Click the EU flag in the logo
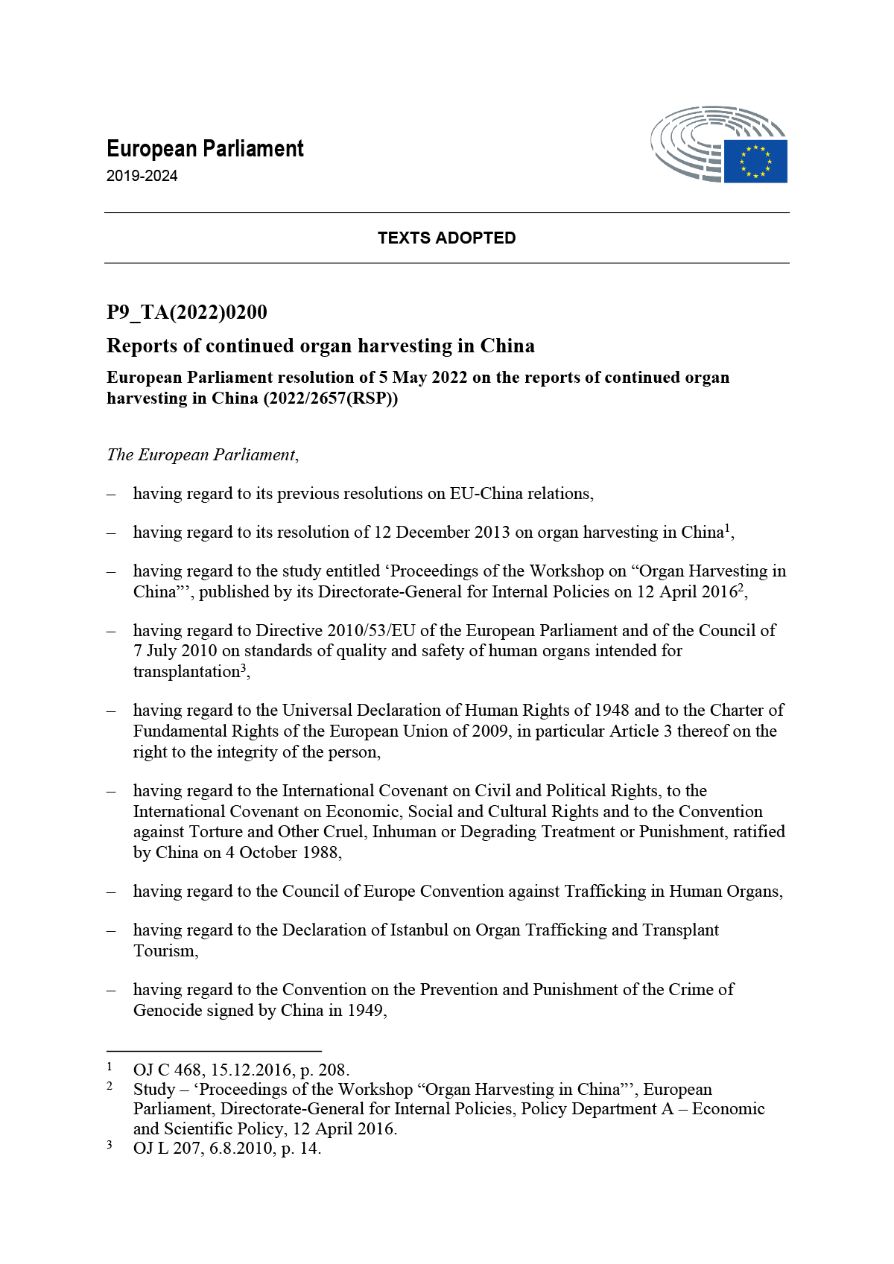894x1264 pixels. coord(755,161)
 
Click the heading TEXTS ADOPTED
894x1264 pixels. coord(446,238)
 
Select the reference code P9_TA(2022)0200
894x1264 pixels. coord(187,312)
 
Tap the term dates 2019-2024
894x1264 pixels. coord(142,177)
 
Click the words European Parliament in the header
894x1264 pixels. coord(205,149)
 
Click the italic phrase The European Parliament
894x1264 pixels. coord(201,455)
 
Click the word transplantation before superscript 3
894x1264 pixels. coord(186,672)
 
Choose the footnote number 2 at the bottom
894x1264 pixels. coord(110,1087)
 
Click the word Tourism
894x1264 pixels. coord(165,951)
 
